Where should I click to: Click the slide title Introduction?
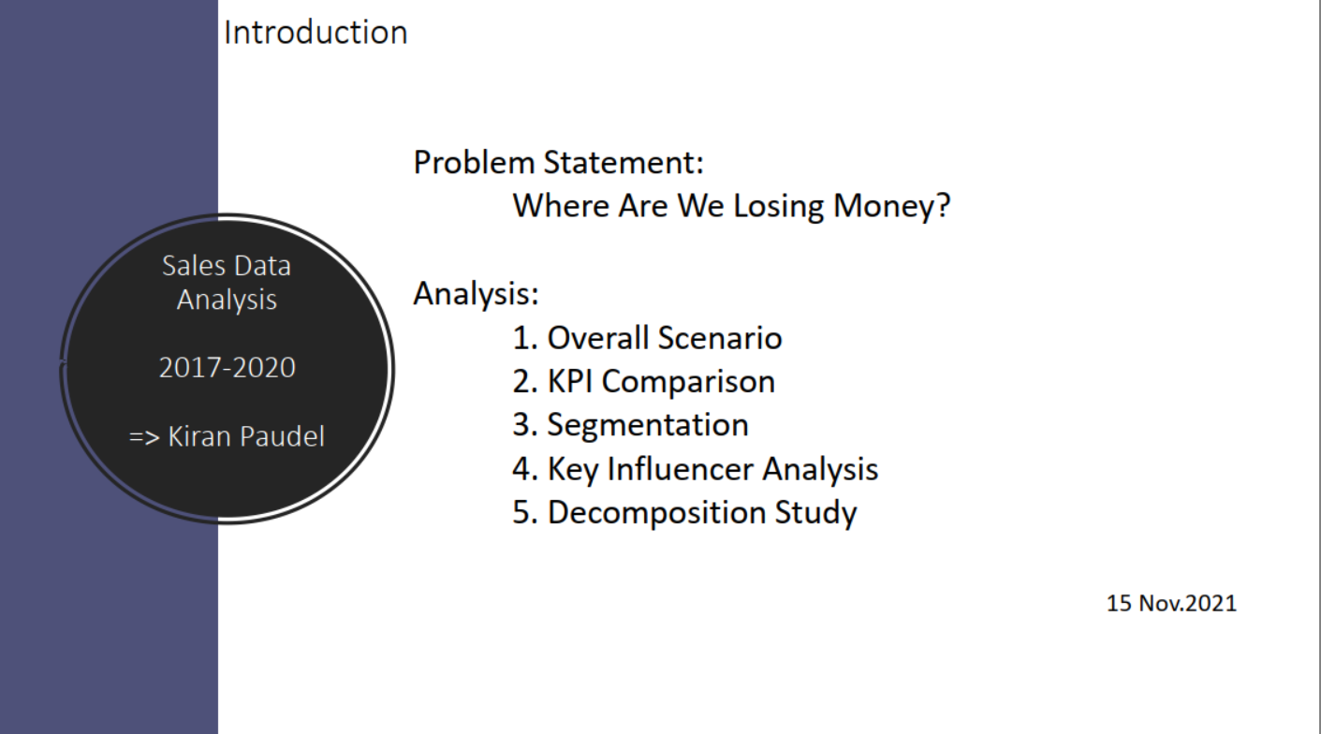(x=316, y=33)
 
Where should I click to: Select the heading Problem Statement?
(x=559, y=162)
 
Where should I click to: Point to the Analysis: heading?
(x=476, y=295)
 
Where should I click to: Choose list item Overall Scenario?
(x=665, y=338)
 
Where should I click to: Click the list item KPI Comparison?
(x=661, y=382)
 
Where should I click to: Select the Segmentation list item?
(x=648, y=426)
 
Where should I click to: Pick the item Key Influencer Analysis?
(x=713, y=470)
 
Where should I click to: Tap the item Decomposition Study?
(x=702, y=513)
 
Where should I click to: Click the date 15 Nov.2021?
(x=1171, y=603)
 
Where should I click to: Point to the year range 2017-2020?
(x=228, y=368)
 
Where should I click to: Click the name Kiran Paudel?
(x=246, y=437)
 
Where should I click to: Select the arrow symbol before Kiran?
(x=144, y=438)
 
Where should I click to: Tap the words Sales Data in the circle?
(x=227, y=266)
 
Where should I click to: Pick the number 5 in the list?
(x=521, y=512)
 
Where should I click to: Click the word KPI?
(x=570, y=381)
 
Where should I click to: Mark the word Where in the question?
(x=561, y=206)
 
